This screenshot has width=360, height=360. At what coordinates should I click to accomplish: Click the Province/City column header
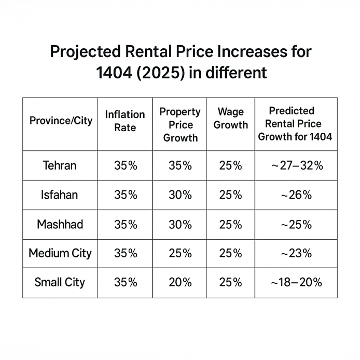click(61, 121)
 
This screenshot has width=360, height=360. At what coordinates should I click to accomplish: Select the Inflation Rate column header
click(125, 121)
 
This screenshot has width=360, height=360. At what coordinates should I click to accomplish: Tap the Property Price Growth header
click(180, 124)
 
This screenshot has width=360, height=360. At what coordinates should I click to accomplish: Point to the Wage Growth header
click(230, 118)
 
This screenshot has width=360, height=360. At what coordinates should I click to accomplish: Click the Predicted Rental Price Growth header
click(295, 124)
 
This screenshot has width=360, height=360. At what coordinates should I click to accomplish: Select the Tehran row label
click(59, 166)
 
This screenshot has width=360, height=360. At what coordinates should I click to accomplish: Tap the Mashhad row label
click(60, 225)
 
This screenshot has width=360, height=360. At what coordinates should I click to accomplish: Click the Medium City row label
click(60, 254)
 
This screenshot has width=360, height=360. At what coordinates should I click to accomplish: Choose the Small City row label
click(59, 283)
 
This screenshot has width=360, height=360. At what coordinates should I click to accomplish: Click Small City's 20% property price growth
click(180, 283)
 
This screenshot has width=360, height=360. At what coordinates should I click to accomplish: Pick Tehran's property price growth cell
click(180, 166)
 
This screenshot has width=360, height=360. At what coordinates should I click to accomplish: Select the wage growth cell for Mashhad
click(230, 225)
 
